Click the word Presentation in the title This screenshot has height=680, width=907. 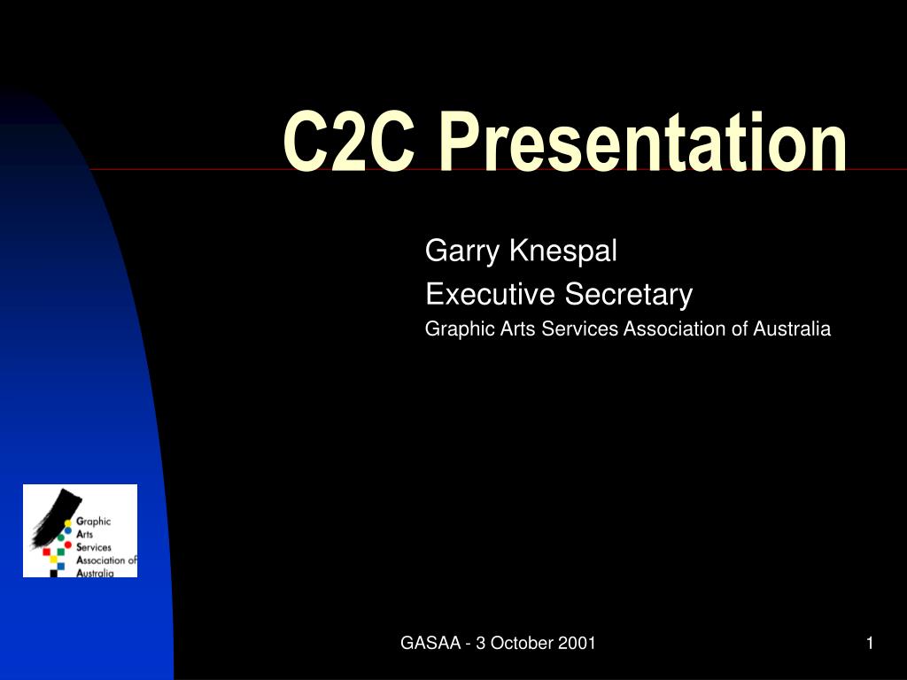click(x=641, y=143)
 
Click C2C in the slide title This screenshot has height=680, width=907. click(x=348, y=143)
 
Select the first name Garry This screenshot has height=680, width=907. click(x=463, y=252)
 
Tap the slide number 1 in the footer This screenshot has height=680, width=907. click(x=870, y=644)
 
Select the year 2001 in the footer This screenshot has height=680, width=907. click(x=578, y=644)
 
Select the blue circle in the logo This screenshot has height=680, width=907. click(x=68, y=530)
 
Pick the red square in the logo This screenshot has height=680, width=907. click(x=47, y=552)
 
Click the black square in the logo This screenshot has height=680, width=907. click(x=54, y=573)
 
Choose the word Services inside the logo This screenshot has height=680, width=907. click(x=96, y=548)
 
